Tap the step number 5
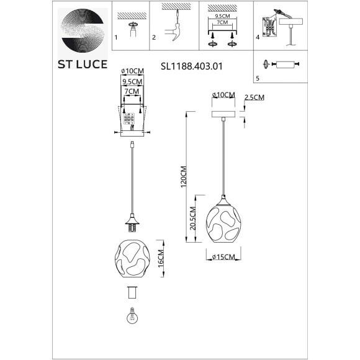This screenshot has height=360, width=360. pyautogui.click(x=258, y=78)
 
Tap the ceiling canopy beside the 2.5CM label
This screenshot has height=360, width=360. pyautogui.click(x=223, y=116)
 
